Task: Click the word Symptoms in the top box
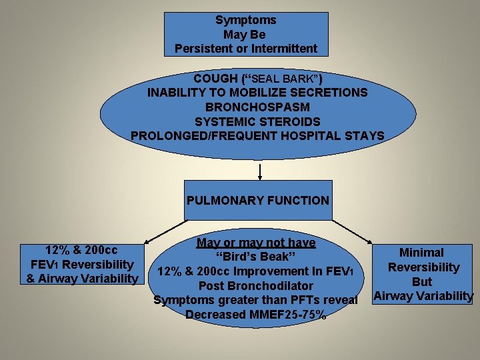[x=246, y=20]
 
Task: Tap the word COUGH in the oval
[x=210, y=77]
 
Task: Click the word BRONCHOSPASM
[x=257, y=107]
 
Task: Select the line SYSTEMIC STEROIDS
[x=257, y=121]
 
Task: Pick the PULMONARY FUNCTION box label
[x=257, y=200]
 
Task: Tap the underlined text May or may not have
[x=256, y=243]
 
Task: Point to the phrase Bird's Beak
[x=256, y=257]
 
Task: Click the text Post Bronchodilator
[x=256, y=286]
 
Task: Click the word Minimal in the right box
[x=421, y=253]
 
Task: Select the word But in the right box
[x=422, y=282]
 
